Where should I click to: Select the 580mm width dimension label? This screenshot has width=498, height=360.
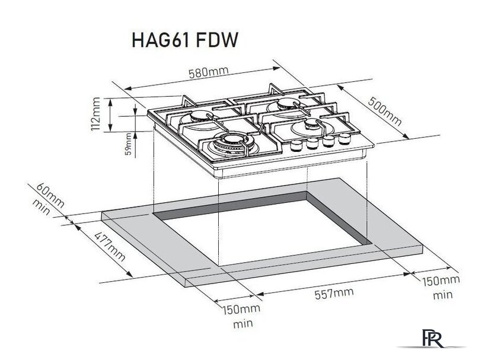coord(208,72)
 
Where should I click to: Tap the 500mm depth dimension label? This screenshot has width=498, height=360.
coord(384,110)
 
